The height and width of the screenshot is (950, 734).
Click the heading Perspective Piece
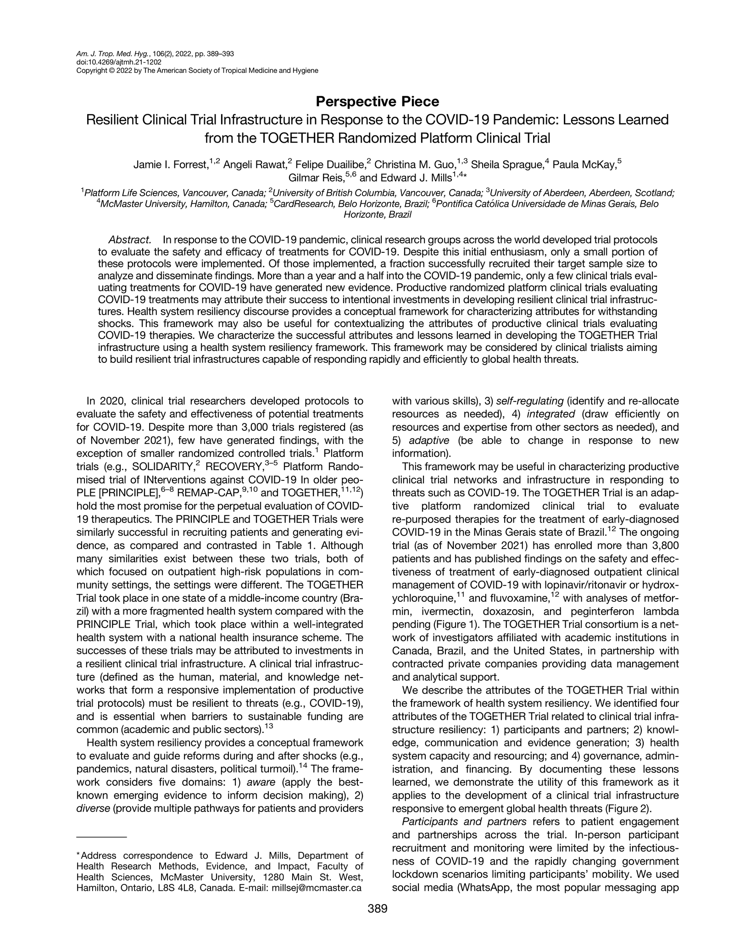[377, 101]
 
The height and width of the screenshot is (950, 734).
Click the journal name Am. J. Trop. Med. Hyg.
[110, 54]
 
